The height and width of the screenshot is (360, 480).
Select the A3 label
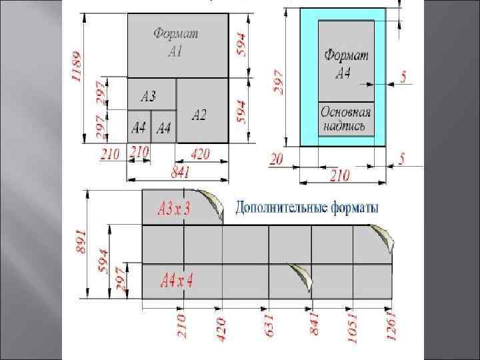pos(149,97)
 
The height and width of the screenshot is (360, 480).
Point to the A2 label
pos(199,115)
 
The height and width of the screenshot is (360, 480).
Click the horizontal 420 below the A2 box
pos(199,155)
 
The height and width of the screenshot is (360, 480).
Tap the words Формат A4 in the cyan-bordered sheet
pos(345,63)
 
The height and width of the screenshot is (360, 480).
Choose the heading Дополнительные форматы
pos(307,208)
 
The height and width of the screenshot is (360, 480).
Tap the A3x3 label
pos(174,209)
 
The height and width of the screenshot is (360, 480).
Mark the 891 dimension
pos(81,241)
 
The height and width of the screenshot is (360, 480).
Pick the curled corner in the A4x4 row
pos(301,275)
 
